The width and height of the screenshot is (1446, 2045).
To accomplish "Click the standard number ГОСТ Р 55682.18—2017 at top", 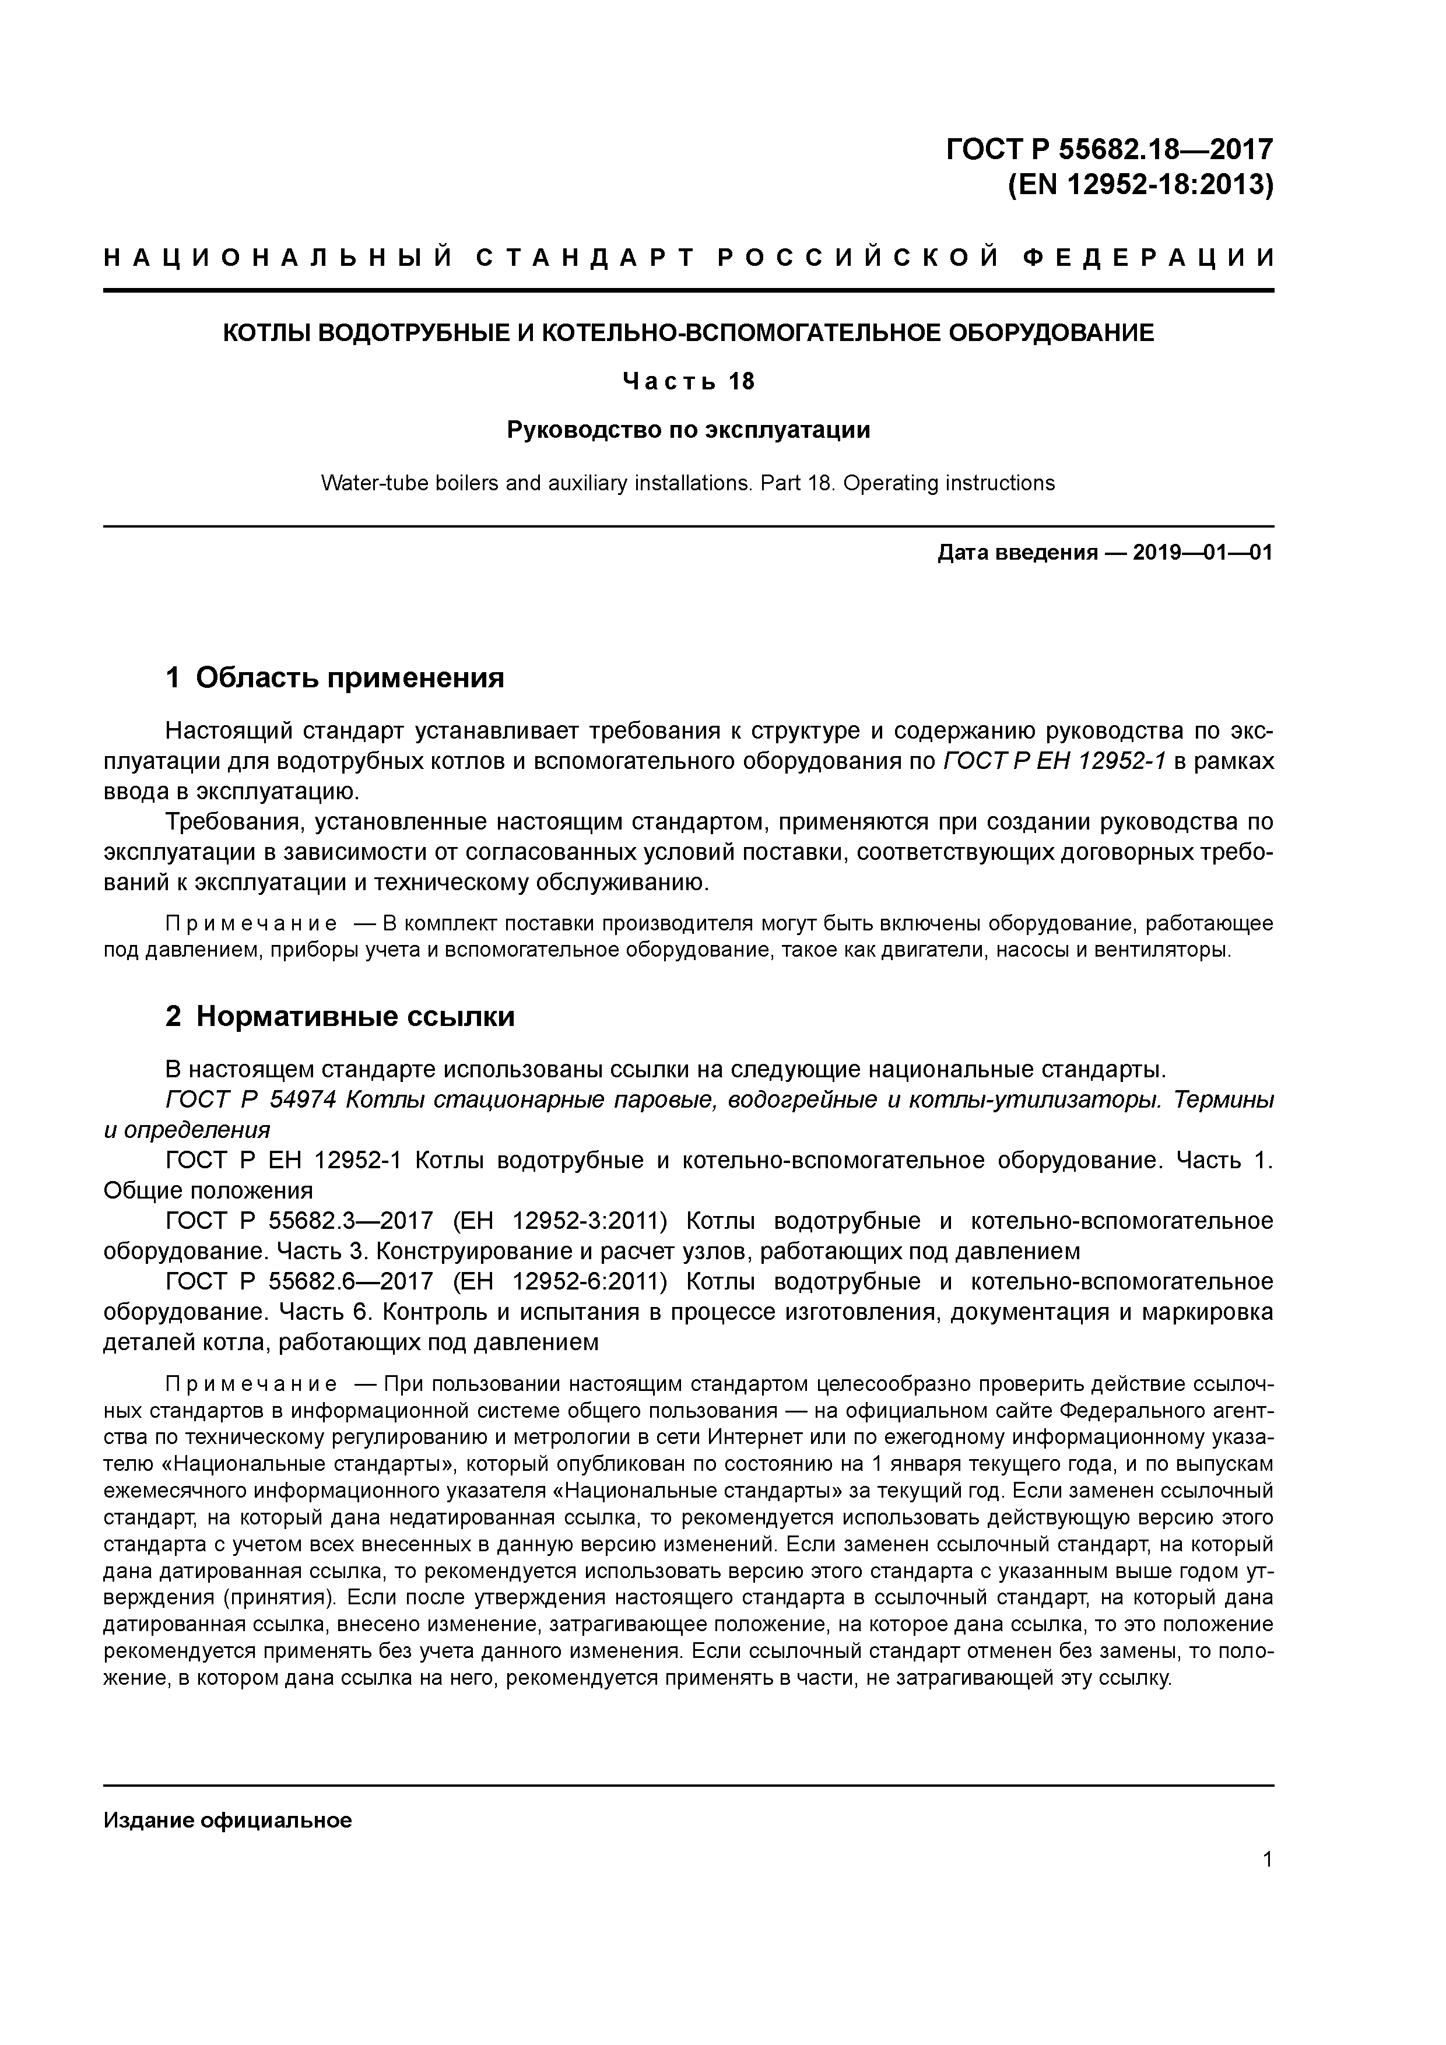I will (1108, 148).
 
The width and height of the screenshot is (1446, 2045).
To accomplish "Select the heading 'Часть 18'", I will (688, 381).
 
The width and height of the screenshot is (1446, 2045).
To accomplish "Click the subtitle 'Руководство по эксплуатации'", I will (688, 430).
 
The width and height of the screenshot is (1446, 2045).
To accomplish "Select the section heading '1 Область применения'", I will (335, 678).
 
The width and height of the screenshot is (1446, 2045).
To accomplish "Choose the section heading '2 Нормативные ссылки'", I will (341, 1016).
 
